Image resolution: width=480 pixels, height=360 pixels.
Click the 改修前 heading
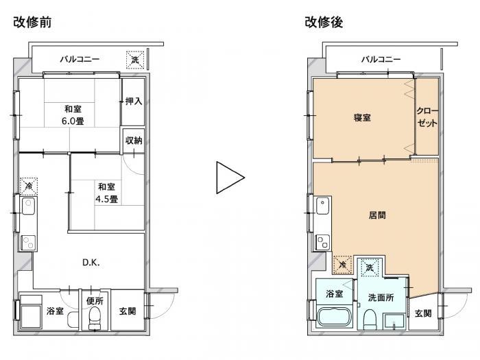click(x=32, y=22)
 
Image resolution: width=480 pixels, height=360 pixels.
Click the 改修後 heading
click(x=324, y=22)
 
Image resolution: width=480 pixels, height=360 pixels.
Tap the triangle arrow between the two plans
click(x=230, y=178)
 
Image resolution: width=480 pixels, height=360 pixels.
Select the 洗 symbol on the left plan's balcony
click(x=135, y=60)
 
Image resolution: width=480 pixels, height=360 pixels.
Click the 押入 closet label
click(x=134, y=101)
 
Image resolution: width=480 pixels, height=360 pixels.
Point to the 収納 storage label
click(x=134, y=141)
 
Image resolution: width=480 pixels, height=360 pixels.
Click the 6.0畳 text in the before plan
click(x=73, y=121)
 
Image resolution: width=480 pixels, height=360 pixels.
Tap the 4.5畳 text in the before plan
click(x=106, y=200)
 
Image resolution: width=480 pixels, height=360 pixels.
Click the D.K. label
click(x=91, y=263)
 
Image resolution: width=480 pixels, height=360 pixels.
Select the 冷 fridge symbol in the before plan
click(x=29, y=186)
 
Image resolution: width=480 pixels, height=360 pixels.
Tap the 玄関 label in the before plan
click(x=128, y=311)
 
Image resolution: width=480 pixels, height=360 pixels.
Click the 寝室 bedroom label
click(x=362, y=117)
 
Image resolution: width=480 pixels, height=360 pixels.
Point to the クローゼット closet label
click(x=427, y=117)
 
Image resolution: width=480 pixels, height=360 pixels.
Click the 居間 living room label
click(x=377, y=215)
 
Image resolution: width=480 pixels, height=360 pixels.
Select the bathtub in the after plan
click(x=335, y=317)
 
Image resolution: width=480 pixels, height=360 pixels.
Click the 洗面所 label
click(x=381, y=298)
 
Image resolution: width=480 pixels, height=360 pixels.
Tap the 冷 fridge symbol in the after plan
click(x=343, y=265)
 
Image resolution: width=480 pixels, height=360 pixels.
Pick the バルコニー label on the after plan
click(x=381, y=59)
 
